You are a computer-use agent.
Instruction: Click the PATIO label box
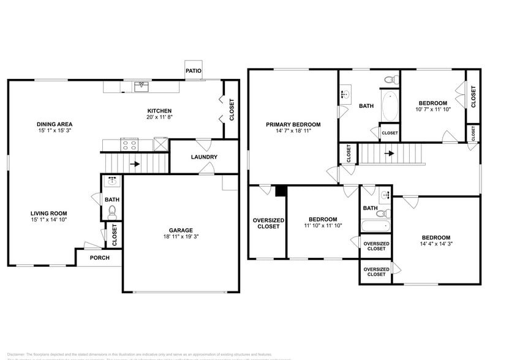(x=194, y=70)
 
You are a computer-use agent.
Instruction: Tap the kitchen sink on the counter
(x=141, y=87)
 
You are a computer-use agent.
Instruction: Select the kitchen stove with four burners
(x=129, y=144)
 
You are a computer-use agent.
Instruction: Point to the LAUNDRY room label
(x=204, y=157)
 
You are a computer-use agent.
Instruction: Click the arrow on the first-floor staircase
(x=134, y=164)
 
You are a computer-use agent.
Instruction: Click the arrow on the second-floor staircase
(x=389, y=153)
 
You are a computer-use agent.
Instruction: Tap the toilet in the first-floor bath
(x=112, y=212)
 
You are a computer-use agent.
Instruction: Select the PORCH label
(x=99, y=258)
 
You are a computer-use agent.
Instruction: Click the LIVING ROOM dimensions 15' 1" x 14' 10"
(x=49, y=220)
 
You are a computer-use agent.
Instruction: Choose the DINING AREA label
(x=54, y=124)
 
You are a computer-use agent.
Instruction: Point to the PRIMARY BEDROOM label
(x=293, y=124)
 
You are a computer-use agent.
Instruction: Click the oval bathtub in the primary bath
(x=390, y=107)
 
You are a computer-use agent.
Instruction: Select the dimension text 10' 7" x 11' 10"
(x=432, y=110)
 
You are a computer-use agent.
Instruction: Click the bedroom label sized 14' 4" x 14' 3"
(x=435, y=238)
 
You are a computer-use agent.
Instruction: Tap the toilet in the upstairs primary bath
(x=388, y=80)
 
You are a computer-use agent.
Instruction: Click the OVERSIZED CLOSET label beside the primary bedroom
(x=268, y=223)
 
